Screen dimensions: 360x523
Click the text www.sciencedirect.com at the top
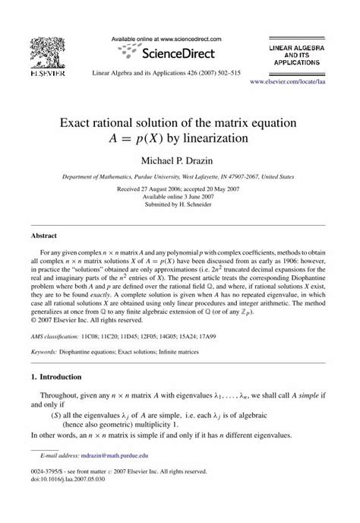(188, 37)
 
